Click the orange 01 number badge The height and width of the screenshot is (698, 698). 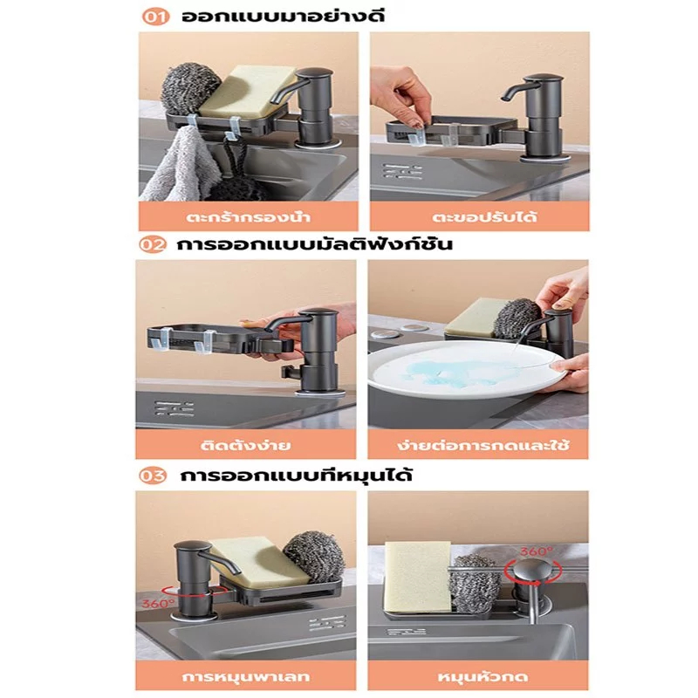click(x=155, y=17)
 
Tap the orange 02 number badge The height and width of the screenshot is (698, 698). click(x=153, y=245)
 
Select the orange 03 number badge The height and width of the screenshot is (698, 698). click(x=152, y=476)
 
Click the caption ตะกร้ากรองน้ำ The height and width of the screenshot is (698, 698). click(x=248, y=217)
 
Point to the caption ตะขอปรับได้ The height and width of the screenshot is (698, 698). click(x=485, y=216)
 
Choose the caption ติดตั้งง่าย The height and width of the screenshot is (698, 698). click(x=245, y=445)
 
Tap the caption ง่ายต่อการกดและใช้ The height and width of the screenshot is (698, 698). click(x=483, y=445)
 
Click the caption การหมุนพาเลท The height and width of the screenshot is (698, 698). click(x=246, y=677)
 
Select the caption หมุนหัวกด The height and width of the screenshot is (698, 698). click(x=483, y=677)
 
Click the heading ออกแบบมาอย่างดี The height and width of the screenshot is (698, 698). click(x=283, y=16)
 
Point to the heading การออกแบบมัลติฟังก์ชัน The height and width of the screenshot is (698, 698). click(x=315, y=244)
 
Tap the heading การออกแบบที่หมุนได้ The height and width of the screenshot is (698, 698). click(x=296, y=475)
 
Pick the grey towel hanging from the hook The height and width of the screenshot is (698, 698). click(x=181, y=164)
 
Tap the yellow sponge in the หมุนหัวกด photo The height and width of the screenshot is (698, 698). click(x=418, y=578)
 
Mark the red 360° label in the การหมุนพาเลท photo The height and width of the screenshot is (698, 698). click(x=159, y=604)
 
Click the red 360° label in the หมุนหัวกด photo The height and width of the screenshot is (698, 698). click(x=537, y=551)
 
